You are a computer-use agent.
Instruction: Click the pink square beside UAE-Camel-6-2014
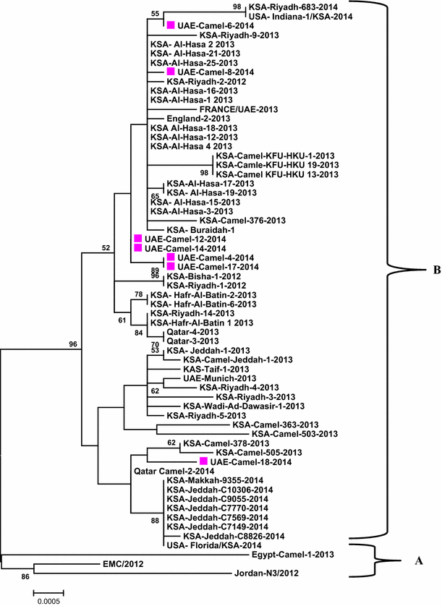[x=171, y=25]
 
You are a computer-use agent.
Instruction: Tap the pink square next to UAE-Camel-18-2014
[x=204, y=461]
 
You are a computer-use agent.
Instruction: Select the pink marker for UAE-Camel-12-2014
[x=138, y=239]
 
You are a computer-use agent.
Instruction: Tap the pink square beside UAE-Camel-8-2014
[x=171, y=72]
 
